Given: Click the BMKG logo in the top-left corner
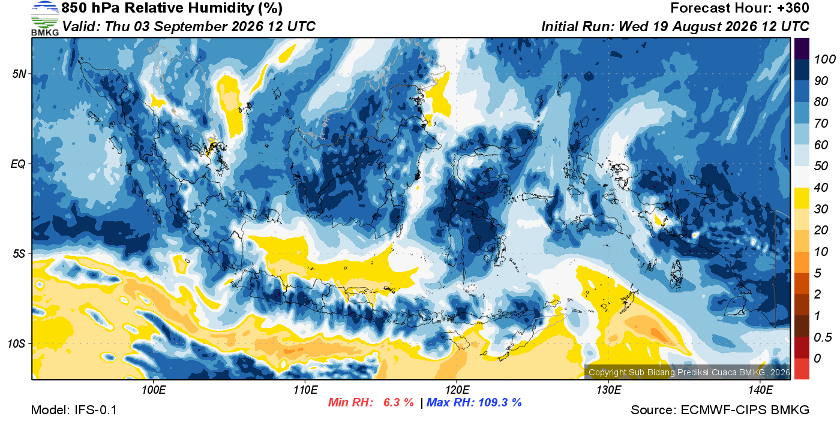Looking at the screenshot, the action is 45,19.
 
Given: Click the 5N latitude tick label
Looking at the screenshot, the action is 19,74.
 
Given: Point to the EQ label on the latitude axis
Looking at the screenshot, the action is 18,164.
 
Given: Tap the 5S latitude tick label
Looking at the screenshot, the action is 19,254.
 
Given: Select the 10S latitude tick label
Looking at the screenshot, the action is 17,343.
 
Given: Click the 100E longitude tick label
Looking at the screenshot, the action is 154,390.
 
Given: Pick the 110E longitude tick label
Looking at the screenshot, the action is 305,390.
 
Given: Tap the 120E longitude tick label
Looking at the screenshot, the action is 457,390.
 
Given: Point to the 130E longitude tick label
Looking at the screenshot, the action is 608,390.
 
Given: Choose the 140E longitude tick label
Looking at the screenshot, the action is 760,390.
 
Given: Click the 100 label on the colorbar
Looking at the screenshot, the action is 825,59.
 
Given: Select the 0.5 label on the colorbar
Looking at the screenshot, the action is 823,337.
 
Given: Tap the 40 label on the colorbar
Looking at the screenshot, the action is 821,188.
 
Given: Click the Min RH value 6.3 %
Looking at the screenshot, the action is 398,402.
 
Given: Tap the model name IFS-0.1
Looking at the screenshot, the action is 95,410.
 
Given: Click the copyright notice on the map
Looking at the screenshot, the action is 689,372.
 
